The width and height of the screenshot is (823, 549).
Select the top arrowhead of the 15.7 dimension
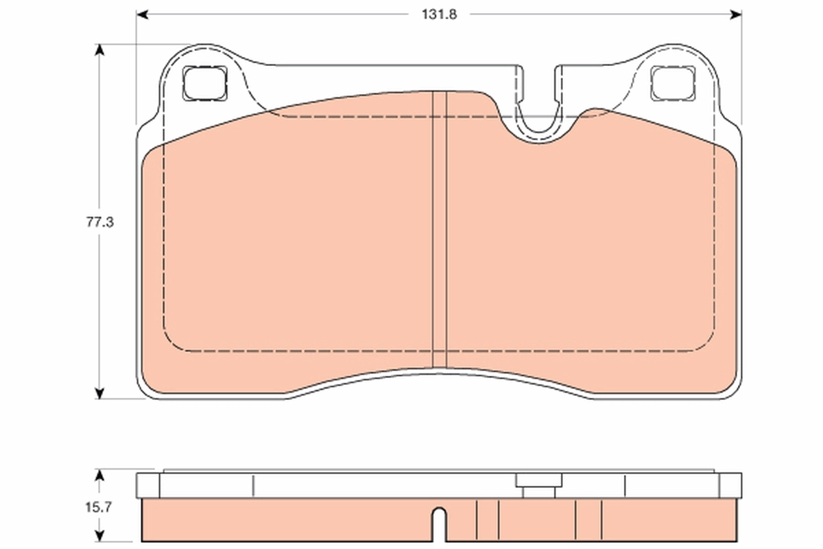[99, 475]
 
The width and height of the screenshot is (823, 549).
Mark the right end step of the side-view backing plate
[730, 485]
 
